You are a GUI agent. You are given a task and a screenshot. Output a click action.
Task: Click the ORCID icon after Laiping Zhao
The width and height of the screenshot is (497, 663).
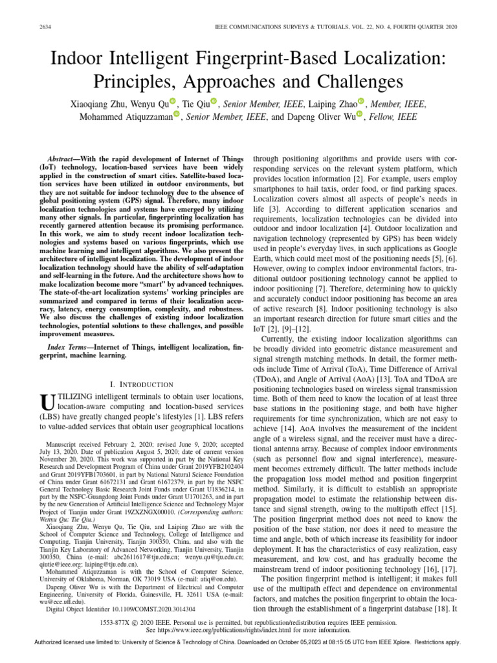362,101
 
